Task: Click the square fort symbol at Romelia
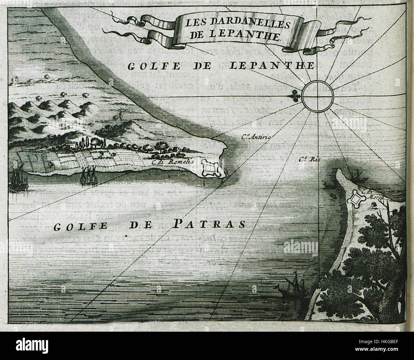pos(211,168)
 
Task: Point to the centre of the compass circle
pos(318,95)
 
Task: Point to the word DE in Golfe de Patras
pos(138,227)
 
